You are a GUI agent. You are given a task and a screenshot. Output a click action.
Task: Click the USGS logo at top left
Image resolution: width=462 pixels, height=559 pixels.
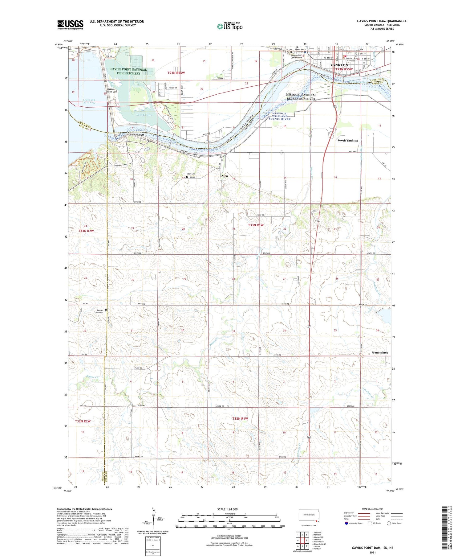coord(70,25)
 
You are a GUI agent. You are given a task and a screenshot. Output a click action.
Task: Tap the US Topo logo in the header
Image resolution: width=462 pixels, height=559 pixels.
coord(229,26)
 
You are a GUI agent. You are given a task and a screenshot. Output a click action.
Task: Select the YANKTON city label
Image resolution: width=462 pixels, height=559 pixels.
coord(339,65)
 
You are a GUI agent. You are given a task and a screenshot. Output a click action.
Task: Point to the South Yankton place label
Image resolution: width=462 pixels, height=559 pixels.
coord(348,141)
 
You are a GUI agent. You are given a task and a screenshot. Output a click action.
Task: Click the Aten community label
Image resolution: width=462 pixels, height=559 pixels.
coord(225,176)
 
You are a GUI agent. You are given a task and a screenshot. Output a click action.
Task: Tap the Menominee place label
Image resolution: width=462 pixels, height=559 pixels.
coord(380,352)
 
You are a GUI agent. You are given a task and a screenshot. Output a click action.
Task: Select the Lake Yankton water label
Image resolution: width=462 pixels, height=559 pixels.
coord(144,115)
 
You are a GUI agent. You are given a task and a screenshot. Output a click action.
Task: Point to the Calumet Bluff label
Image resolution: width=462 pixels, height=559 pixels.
coord(136,135)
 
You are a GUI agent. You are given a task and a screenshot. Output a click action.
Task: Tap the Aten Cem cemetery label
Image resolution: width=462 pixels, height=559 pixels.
coord(191,174)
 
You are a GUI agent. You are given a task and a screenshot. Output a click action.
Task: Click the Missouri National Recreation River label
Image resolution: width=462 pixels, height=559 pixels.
coord(301,97)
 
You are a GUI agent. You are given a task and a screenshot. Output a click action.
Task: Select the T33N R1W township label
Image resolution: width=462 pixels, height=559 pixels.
coord(256,225)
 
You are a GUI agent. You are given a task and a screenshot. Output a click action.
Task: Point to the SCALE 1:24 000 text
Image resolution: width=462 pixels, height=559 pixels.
coord(227,509)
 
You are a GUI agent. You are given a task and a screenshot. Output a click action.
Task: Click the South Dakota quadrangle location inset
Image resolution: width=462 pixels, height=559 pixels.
coord(309,516)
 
